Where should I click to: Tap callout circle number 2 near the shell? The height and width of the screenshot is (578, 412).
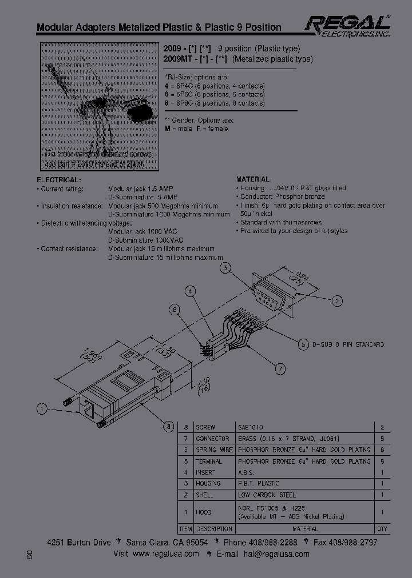pos(338,301)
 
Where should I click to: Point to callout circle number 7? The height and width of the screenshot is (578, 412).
pos(280,369)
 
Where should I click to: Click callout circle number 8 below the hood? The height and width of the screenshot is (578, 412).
pos(168,425)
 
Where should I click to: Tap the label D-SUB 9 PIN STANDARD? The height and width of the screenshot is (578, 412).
pos(347,344)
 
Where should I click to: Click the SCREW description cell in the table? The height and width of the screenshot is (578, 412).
pos(205,427)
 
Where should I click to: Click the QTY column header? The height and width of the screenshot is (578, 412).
pos(382,529)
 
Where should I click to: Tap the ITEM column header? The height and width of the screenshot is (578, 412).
pos(185,529)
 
